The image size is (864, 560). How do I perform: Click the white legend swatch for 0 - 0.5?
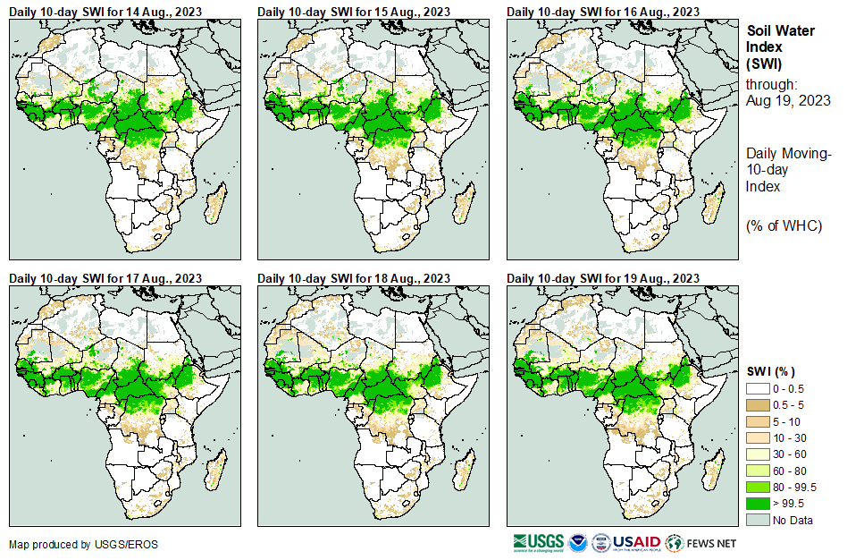pyautogui.click(x=758, y=388)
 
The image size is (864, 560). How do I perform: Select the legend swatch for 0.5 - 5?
pyautogui.click(x=758, y=404)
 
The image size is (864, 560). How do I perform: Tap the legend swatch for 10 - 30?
pyautogui.click(x=758, y=437)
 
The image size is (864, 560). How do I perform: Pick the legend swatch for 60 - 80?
pyautogui.click(x=758, y=471)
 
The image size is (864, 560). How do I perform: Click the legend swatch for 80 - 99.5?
pyautogui.click(x=758, y=487)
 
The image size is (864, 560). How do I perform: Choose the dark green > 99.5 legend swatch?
pyautogui.click(x=758, y=504)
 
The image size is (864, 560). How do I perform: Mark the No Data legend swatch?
pyautogui.click(x=758, y=520)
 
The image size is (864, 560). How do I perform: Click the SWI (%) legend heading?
pyautogui.click(x=770, y=371)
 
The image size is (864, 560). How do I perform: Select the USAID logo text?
pyautogui.click(x=636, y=543)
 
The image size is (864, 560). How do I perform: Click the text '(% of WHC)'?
pyautogui.click(x=784, y=225)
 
